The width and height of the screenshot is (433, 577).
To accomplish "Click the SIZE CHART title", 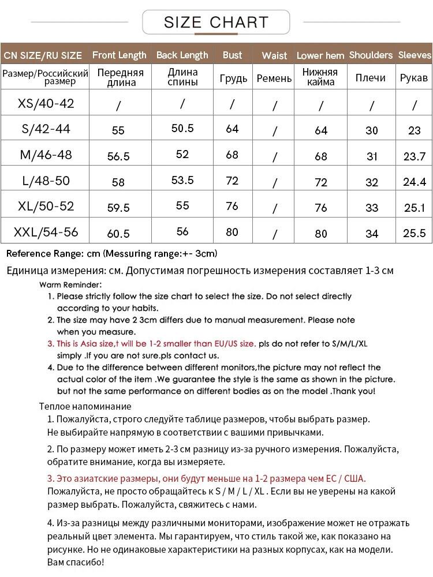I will pos(216,23).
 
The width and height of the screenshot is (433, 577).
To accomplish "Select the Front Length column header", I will pos(120,55).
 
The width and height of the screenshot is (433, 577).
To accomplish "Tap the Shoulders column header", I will pos(371,55).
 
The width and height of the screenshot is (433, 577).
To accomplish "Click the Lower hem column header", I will pos(320,56).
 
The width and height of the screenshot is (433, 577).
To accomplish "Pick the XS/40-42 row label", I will pos(46,104).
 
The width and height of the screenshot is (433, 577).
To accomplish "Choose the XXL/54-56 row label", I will pos(46,233).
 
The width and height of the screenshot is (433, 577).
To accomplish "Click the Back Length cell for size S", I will pos(182,129).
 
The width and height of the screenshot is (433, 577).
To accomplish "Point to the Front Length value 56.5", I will pos(118,156).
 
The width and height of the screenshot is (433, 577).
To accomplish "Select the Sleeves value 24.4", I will pos(415,182).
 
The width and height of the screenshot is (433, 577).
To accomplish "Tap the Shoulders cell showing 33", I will pos(372,208).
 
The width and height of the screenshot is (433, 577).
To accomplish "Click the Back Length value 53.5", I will pos(182,180).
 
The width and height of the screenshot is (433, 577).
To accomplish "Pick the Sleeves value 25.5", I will pos(415,233).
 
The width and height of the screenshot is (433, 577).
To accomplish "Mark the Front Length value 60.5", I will pos(118,234).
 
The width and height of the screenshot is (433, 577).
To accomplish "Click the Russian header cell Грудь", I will pos(233,78).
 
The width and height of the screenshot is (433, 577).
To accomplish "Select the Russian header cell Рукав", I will pos(414,78).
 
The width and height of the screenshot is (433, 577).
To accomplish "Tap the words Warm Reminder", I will pos(70,284).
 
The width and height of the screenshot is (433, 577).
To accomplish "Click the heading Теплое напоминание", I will pos(85,406).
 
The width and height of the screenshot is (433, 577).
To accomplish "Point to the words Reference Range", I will pos(43,253).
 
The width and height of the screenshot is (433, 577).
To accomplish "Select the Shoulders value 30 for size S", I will pos(372,131).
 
